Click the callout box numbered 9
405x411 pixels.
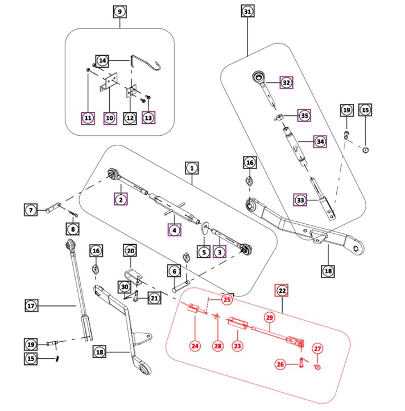pos(119,12)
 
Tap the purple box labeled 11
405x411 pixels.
pos(88,118)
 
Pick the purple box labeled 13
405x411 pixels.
pos(148,118)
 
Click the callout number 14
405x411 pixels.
pos(102,60)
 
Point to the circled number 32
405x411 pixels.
pos(286,82)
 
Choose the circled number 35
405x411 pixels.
pos(304,115)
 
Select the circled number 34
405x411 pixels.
pos(321,141)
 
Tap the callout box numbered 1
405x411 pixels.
pos(192,168)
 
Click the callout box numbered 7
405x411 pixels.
pos(31,210)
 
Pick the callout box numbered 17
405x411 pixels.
pos(32,306)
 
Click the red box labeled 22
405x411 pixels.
pos(282,290)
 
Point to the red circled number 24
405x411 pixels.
pos(195,345)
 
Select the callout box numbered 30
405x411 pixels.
pos(124,287)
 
